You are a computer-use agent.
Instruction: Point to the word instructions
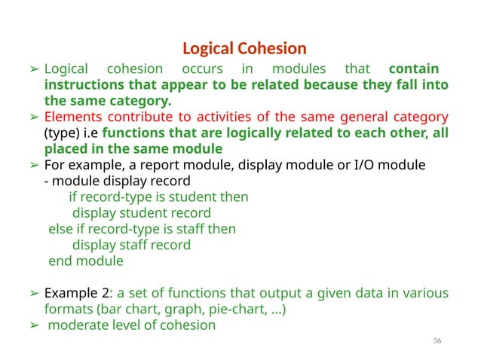(80, 85)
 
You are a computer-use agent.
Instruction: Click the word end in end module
(60, 261)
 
